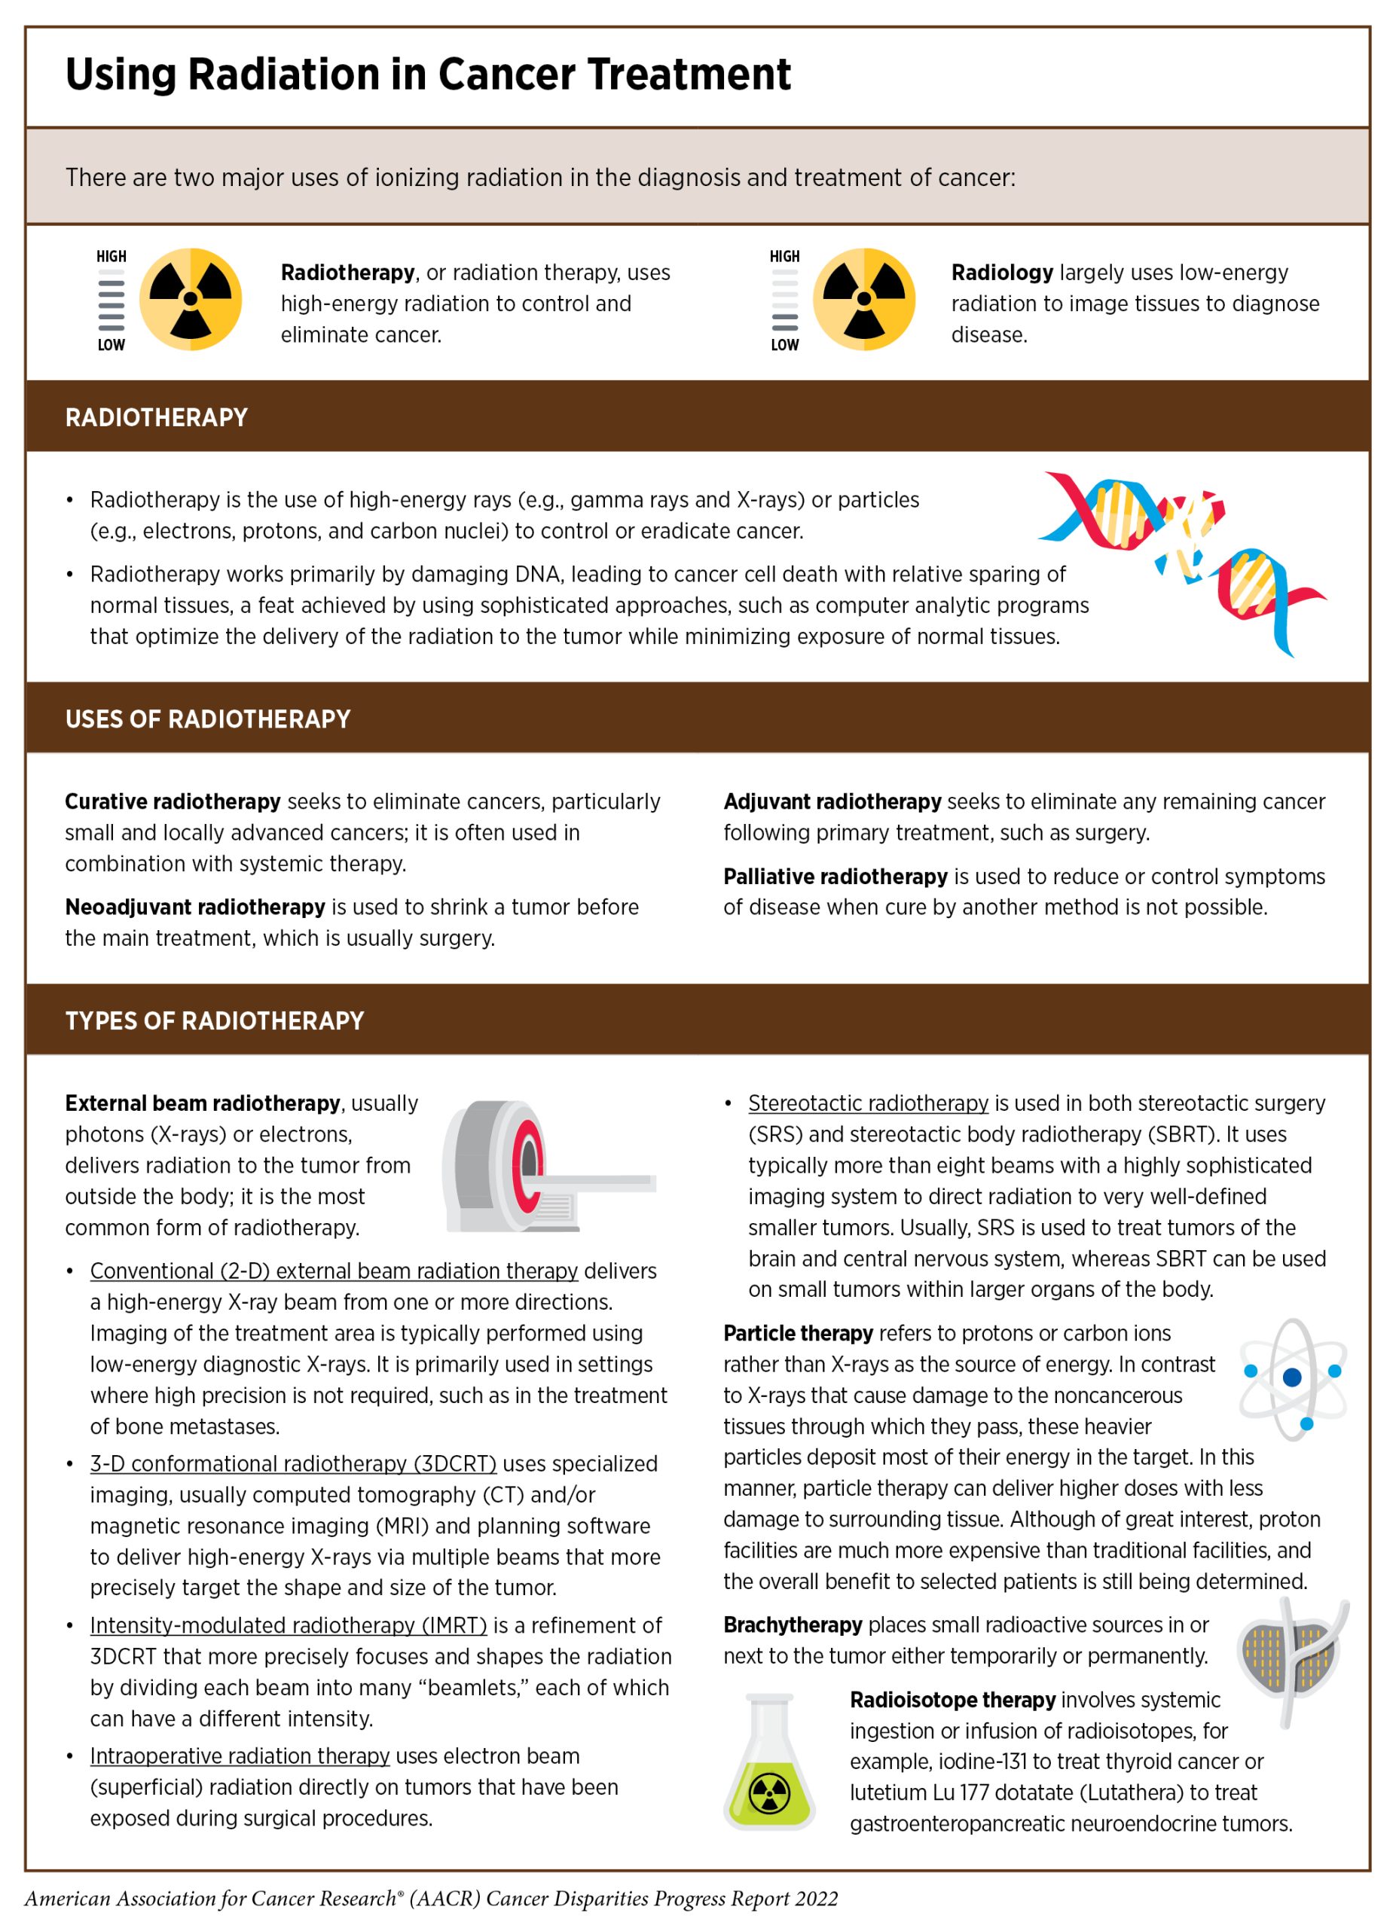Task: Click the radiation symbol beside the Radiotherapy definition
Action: pos(191,299)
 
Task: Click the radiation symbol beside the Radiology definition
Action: pos(864,299)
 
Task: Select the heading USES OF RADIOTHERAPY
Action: pos(207,719)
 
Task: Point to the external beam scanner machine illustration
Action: pos(544,1167)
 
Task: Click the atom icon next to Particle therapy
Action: pos(1291,1378)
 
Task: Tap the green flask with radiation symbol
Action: pos(769,1765)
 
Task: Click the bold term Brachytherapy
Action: pos(793,1625)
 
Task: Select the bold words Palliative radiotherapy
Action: pos(835,877)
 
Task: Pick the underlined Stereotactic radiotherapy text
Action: pos(868,1103)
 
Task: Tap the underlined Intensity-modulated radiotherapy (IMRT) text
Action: pos(289,1625)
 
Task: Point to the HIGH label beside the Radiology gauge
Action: pos(784,257)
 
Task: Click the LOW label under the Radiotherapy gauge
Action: pos(111,345)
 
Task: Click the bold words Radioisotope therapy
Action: pos(952,1700)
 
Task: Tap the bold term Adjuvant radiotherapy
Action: pos(832,801)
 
